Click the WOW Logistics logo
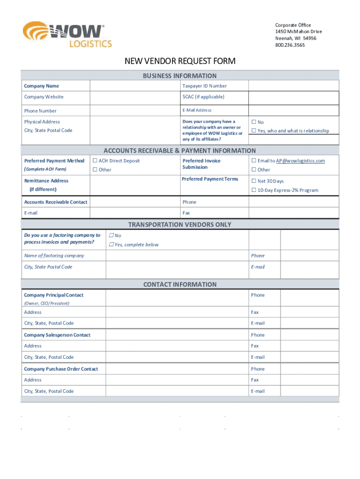(x=67, y=35)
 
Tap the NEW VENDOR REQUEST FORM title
(x=180, y=61)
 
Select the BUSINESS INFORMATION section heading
(x=180, y=76)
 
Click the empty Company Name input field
(x=135, y=86)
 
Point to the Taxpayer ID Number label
(x=204, y=86)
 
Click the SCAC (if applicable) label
(x=203, y=97)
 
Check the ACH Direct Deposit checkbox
(x=95, y=161)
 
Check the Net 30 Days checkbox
(x=254, y=181)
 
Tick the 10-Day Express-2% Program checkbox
(x=254, y=190)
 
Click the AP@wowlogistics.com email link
(x=300, y=161)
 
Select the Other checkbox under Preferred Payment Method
(x=95, y=170)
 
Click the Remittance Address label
(x=46, y=181)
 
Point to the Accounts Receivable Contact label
(x=56, y=202)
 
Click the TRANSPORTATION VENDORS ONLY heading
(x=180, y=225)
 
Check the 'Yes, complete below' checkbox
(x=111, y=245)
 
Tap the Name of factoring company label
(x=54, y=256)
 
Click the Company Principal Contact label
(x=54, y=295)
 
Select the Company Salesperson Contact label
(x=57, y=335)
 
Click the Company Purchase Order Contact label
(x=61, y=369)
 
